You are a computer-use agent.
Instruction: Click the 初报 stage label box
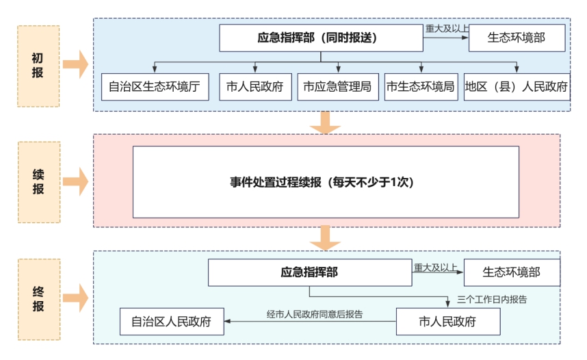coord(38,66)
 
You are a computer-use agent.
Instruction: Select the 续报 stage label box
coord(39,182)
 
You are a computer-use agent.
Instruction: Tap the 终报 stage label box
coord(39,299)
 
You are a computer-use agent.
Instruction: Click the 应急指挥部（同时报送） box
coord(321,38)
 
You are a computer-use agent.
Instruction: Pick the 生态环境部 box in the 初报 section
coord(517,38)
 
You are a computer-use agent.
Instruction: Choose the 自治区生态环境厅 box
coord(155,87)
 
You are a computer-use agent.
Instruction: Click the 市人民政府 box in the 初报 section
coord(255,87)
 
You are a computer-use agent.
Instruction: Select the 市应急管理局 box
coord(338,87)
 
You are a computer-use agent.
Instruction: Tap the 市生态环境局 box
coord(421,87)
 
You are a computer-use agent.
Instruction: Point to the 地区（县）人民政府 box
coord(517,87)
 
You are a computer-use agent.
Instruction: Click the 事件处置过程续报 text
coord(276,183)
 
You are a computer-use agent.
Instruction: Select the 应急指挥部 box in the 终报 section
coord(310,272)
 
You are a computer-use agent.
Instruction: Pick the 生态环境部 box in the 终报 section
coord(512,272)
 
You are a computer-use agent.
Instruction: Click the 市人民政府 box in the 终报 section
coord(448,322)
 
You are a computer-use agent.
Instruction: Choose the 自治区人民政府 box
coord(172,322)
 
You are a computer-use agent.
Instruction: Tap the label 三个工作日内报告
coord(492,299)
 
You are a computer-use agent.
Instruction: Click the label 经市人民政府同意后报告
coord(315,314)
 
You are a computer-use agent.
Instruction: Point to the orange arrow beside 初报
coord(76,64)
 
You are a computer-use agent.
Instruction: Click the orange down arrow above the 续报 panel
coord(325,123)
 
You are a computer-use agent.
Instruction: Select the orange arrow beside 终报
coord(76,298)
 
